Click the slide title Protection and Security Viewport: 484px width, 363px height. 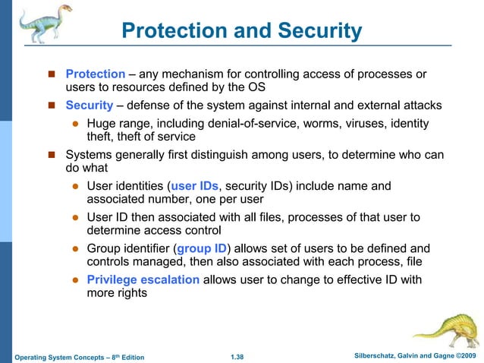click(x=242, y=32)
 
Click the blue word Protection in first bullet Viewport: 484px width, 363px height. click(x=95, y=74)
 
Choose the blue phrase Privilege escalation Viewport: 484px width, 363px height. click(x=143, y=279)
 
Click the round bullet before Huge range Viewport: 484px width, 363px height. click(x=75, y=124)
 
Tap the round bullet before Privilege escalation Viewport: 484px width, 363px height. click(x=75, y=279)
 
